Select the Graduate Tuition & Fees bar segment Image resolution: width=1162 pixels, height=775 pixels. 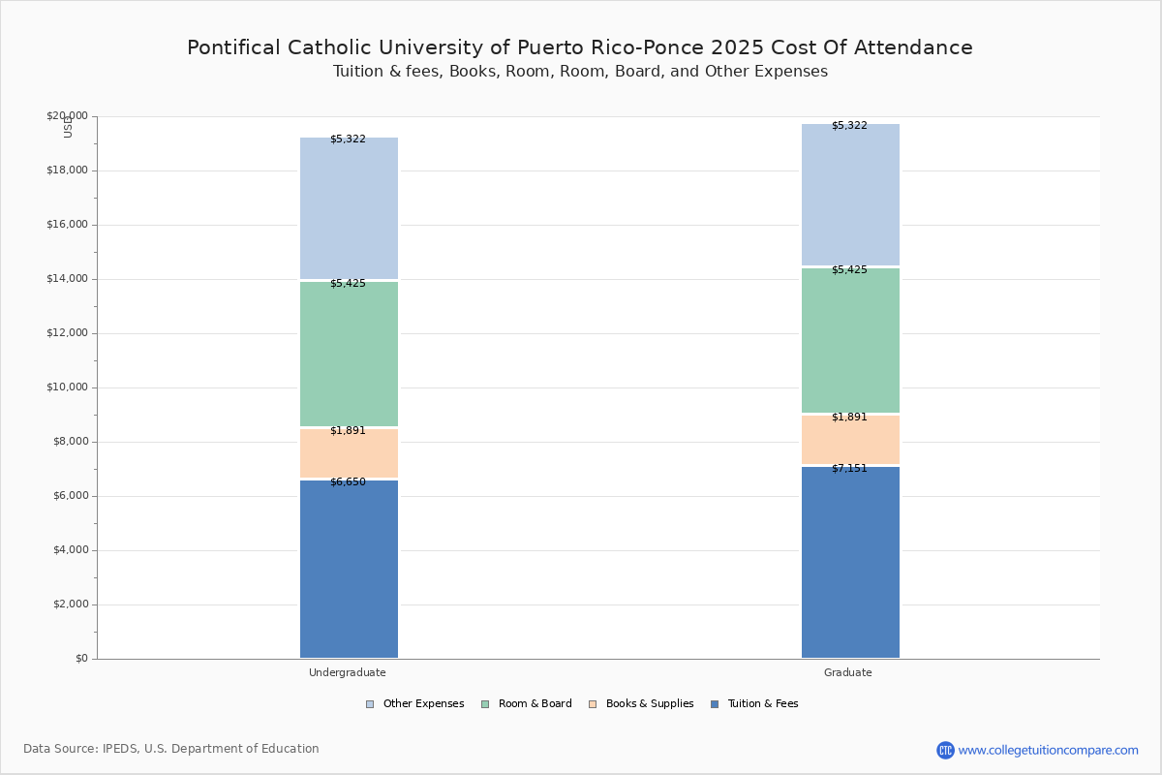[850, 562]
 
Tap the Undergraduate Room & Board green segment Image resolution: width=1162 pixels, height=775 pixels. [349, 354]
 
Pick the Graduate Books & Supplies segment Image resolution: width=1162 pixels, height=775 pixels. [850, 440]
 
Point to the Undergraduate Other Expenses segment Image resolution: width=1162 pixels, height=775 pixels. [349, 208]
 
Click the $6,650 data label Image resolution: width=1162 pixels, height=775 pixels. [348, 482]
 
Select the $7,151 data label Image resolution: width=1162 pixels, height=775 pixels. [849, 469]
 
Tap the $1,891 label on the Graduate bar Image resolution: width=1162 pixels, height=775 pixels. [849, 418]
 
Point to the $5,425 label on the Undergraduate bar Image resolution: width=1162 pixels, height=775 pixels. [348, 284]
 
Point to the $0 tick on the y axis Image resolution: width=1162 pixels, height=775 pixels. [80, 659]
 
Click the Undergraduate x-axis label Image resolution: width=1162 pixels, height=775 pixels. [348, 672]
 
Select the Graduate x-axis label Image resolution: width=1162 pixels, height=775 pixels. [848, 672]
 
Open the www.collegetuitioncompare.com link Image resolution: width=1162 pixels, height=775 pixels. [1048, 750]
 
